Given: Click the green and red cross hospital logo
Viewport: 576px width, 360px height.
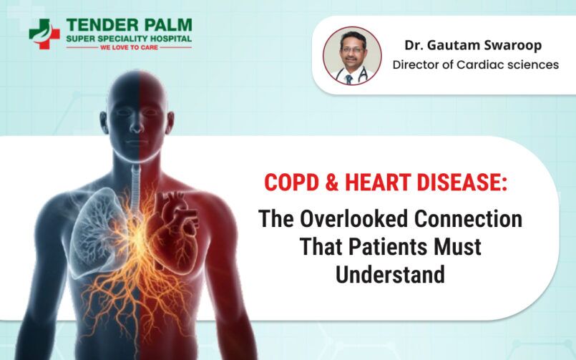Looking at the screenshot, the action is tap(44, 34).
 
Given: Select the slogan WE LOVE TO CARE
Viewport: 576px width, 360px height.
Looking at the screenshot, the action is tap(129, 47).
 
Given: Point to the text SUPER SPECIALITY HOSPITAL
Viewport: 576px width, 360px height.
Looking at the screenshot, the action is tap(129, 39).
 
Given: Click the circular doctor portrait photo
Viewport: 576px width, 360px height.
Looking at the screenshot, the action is tap(352, 56).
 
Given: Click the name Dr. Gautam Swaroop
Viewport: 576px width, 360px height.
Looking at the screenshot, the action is tap(473, 45).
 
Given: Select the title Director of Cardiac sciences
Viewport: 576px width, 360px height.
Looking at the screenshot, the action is tap(476, 64).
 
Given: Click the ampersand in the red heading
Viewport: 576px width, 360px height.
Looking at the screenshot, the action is tap(332, 183).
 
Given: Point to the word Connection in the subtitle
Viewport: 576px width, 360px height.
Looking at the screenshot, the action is tap(469, 218).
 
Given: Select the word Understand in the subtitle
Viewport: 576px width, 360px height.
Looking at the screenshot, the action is tap(390, 275).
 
